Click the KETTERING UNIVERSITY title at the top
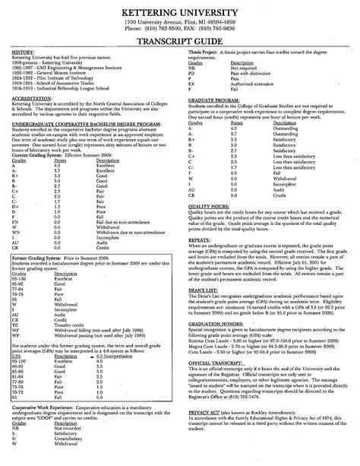click(x=179, y=11)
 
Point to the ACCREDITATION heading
click(x=31, y=97)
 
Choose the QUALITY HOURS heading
click(x=210, y=206)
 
